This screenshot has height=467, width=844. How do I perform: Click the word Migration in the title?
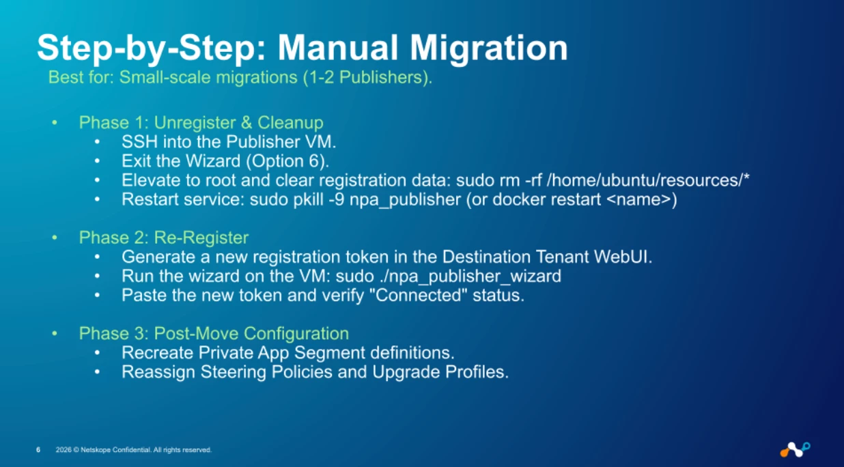click(489, 48)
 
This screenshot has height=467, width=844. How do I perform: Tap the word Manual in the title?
click(337, 48)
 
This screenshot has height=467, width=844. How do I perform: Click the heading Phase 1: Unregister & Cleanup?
click(201, 122)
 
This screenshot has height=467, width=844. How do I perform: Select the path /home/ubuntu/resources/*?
click(648, 180)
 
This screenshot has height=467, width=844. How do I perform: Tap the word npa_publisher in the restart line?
click(405, 200)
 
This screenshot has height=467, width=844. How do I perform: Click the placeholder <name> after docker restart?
click(638, 199)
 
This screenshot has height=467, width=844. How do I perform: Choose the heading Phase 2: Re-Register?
click(164, 238)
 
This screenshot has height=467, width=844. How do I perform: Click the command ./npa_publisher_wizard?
click(470, 277)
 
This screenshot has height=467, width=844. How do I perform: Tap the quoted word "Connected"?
click(419, 295)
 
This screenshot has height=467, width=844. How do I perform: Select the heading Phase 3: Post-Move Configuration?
click(214, 334)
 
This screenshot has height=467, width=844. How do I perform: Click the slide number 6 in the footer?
click(38, 450)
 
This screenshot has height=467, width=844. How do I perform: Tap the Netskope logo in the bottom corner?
click(795, 450)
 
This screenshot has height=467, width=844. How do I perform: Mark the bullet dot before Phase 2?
click(55, 238)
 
